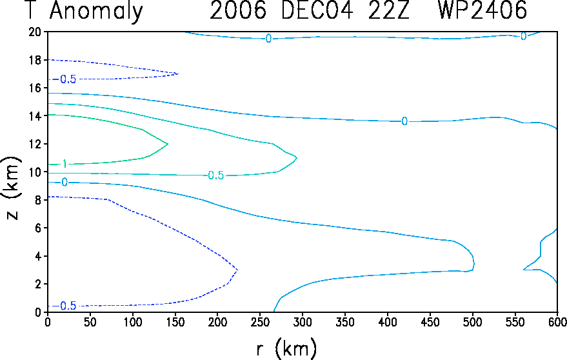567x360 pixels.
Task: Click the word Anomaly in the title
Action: [96, 11]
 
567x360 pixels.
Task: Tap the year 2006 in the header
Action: [238, 10]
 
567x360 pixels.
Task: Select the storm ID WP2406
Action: [482, 10]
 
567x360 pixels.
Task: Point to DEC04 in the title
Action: [317, 10]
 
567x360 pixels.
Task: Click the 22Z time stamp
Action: [389, 10]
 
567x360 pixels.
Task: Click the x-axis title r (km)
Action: [287, 348]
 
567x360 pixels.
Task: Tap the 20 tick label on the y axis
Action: [35, 32]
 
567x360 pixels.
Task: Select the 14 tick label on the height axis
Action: [35, 115]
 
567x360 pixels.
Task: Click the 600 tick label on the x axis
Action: [557, 322]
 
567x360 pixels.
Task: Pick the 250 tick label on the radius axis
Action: [260, 322]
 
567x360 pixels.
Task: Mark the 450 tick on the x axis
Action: [430, 322]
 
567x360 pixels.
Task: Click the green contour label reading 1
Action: [65, 165]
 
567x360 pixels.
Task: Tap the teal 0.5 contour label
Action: [216, 175]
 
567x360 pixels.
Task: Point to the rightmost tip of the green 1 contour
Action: [168, 144]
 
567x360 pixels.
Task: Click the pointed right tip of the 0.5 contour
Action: [297, 158]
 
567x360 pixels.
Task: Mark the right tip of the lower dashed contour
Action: [237, 270]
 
